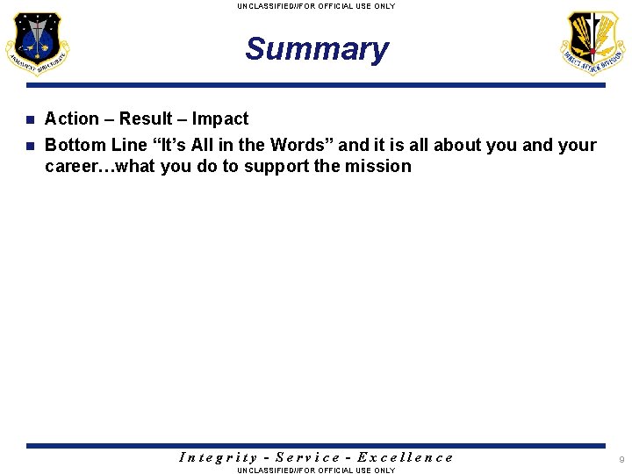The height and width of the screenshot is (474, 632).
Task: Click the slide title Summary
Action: coord(316,49)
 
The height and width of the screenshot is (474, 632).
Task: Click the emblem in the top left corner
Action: coord(37,44)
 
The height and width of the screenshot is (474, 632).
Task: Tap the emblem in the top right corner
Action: coord(593,44)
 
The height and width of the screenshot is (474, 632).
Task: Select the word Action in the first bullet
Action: coord(72,118)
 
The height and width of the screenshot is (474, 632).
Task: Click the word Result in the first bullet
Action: coord(146,118)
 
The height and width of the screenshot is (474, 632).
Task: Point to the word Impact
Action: coord(220,118)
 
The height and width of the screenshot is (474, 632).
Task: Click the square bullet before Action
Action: coord(30,119)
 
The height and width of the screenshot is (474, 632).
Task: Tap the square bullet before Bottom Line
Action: coord(30,146)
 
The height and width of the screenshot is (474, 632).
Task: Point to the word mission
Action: coord(378,166)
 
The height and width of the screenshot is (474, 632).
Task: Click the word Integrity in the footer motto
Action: coord(218,457)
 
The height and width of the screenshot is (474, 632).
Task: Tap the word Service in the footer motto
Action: coord(307,457)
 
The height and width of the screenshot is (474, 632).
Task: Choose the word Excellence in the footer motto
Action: coord(406,457)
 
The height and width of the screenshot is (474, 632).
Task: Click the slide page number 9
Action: coord(621,460)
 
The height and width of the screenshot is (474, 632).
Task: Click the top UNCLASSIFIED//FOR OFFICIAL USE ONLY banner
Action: coord(316,6)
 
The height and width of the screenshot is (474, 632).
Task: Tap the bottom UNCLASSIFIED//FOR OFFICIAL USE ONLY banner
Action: coord(316,470)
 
